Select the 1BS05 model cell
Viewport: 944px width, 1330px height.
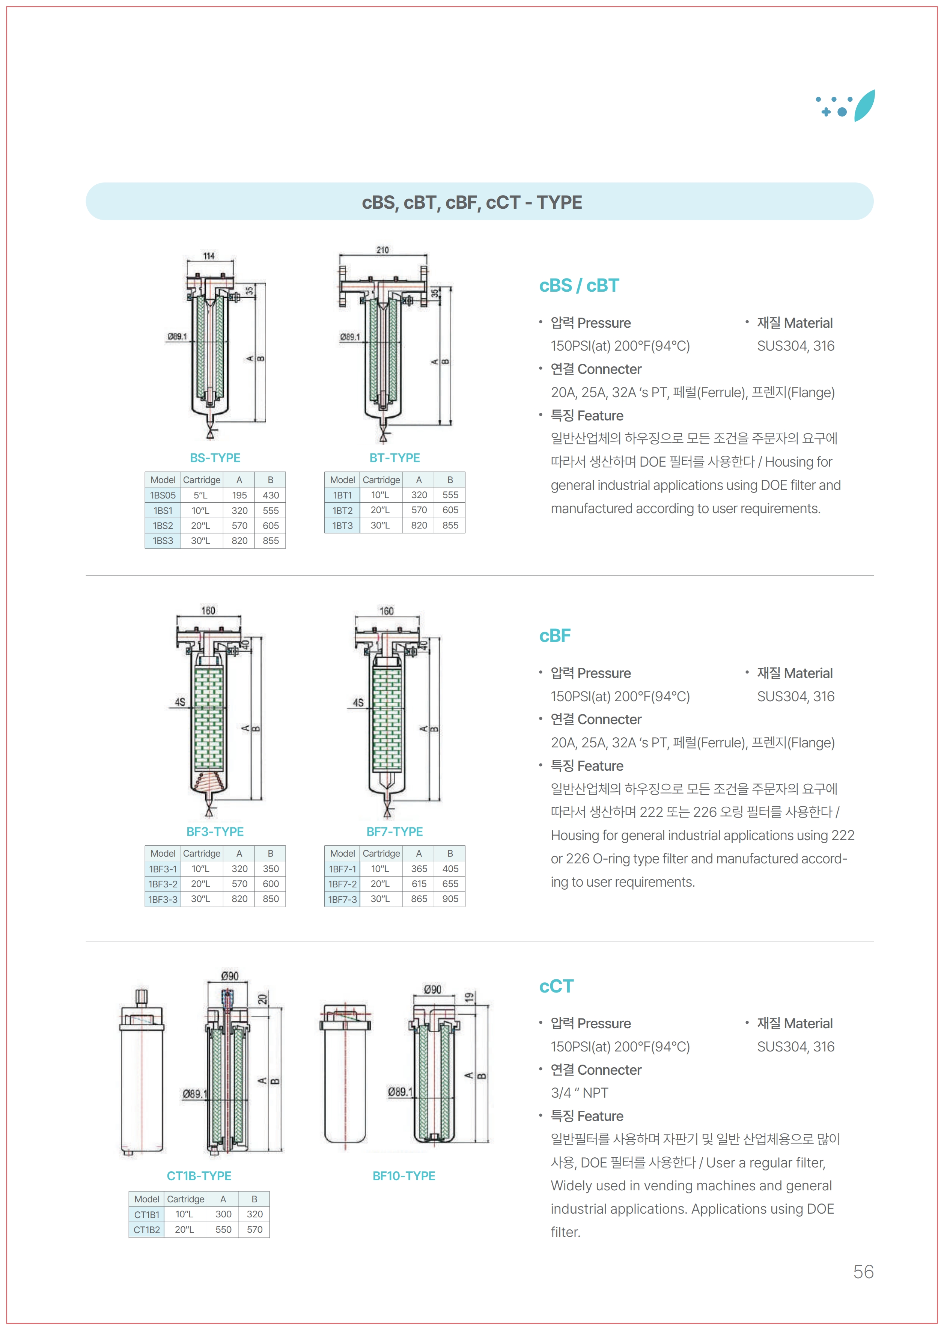pyautogui.click(x=163, y=495)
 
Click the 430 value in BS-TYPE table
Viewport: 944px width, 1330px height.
pyautogui.click(x=270, y=495)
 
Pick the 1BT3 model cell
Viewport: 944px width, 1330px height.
pyautogui.click(x=342, y=526)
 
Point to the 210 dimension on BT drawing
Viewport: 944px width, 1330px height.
pyautogui.click(x=382, y=250)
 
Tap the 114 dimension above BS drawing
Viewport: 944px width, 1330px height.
pyautogui.click(x=209, y=256)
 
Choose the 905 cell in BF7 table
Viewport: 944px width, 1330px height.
pyautogui.click(x=450, y=899)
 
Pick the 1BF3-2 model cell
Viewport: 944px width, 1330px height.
pyautogui.click(x=163, y=884)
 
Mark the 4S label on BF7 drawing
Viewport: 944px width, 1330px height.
pyautogui.click(x=358, y=703)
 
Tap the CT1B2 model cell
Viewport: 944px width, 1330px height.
pyautogui.click(x=146, y=1229)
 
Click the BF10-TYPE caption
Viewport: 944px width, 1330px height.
pyautogui.click(x=403, y=1176)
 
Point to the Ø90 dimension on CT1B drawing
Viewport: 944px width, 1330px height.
pyautogui.click(x=230, y=976)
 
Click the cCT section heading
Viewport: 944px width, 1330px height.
pyautogui.click(x=556, y=987)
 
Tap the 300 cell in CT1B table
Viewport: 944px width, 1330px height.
pyautogui.click(x=223, y=1214)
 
